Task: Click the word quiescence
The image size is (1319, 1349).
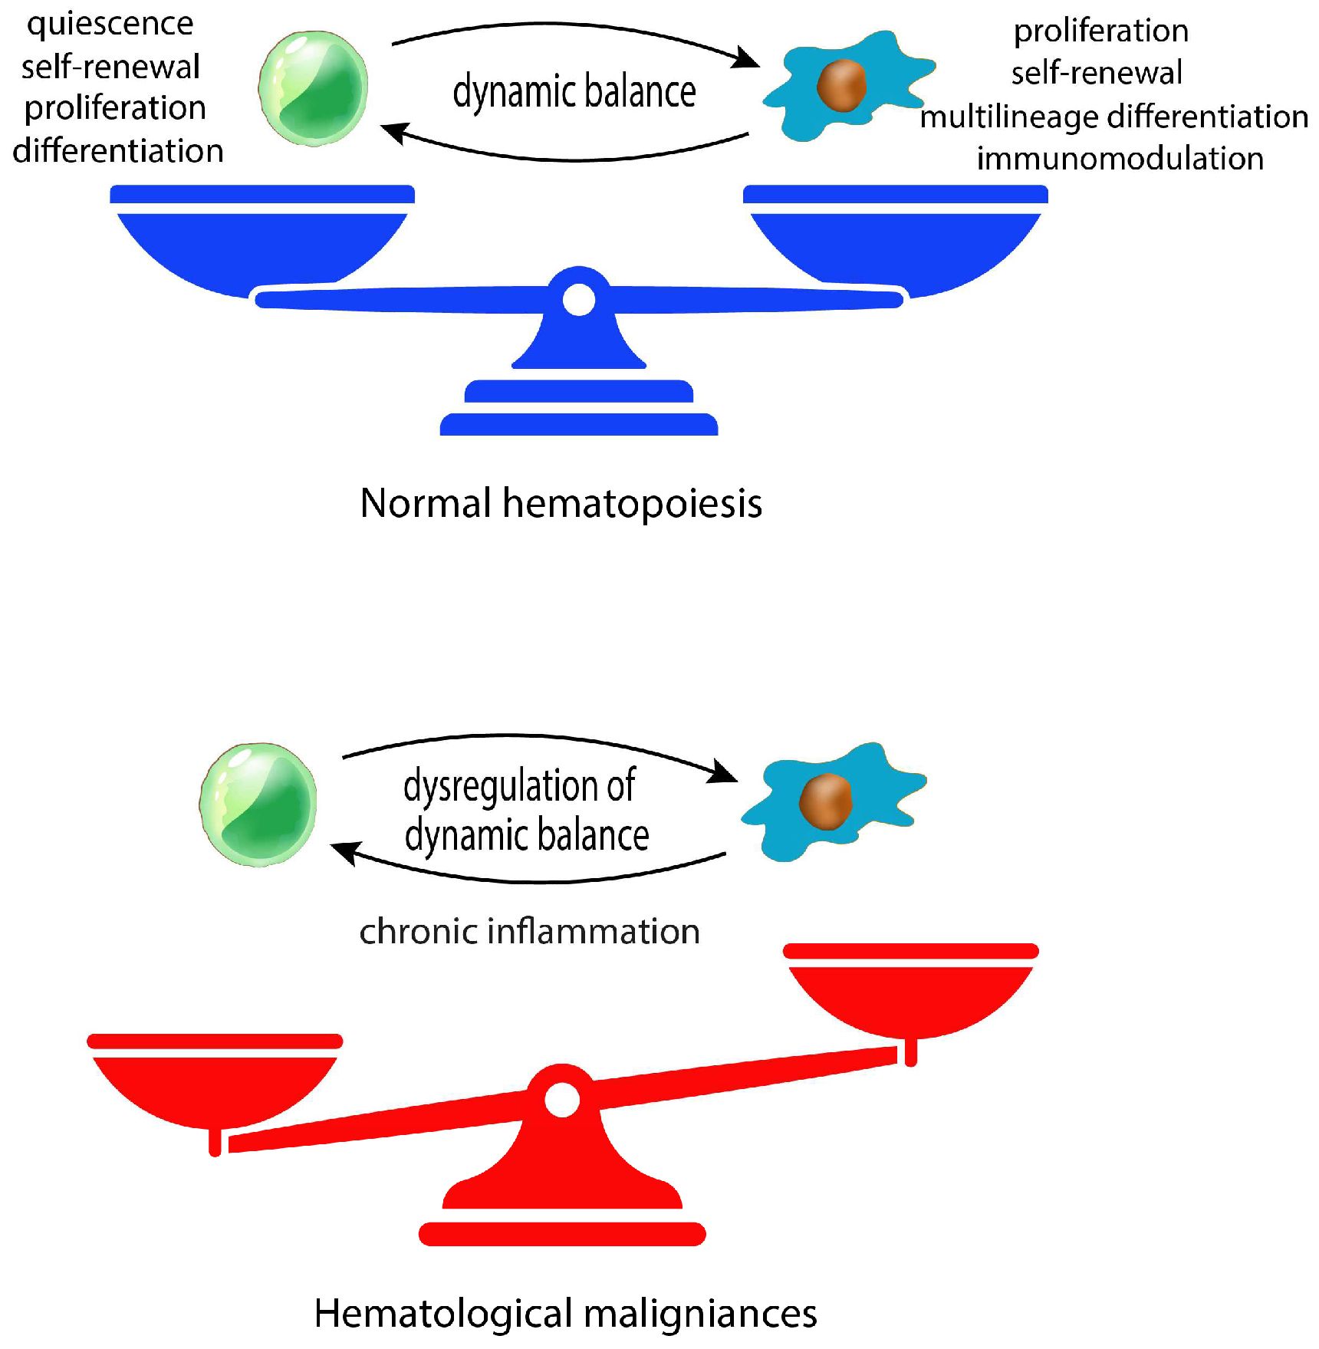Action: [110, 25]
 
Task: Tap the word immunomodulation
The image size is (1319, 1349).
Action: [1120, 159]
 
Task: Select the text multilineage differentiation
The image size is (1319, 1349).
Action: [1113, 117]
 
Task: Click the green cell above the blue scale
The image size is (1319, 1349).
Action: [313, 88]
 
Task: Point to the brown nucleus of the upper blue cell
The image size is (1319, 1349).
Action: [841, 85]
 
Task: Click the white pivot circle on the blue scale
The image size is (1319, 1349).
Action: [578, 299]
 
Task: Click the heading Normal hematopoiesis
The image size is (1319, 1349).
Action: [561, 503]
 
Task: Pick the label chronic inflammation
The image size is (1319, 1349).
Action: [529, 931]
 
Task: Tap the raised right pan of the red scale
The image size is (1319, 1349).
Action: [910, 993]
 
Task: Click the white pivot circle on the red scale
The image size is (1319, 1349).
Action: [562, 1099]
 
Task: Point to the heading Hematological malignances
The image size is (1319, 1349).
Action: [565, 1313]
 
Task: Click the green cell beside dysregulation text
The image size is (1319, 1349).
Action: [258, 804]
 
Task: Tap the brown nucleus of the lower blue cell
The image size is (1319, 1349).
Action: [825, 801]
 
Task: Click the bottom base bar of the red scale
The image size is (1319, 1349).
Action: [562, 1234]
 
